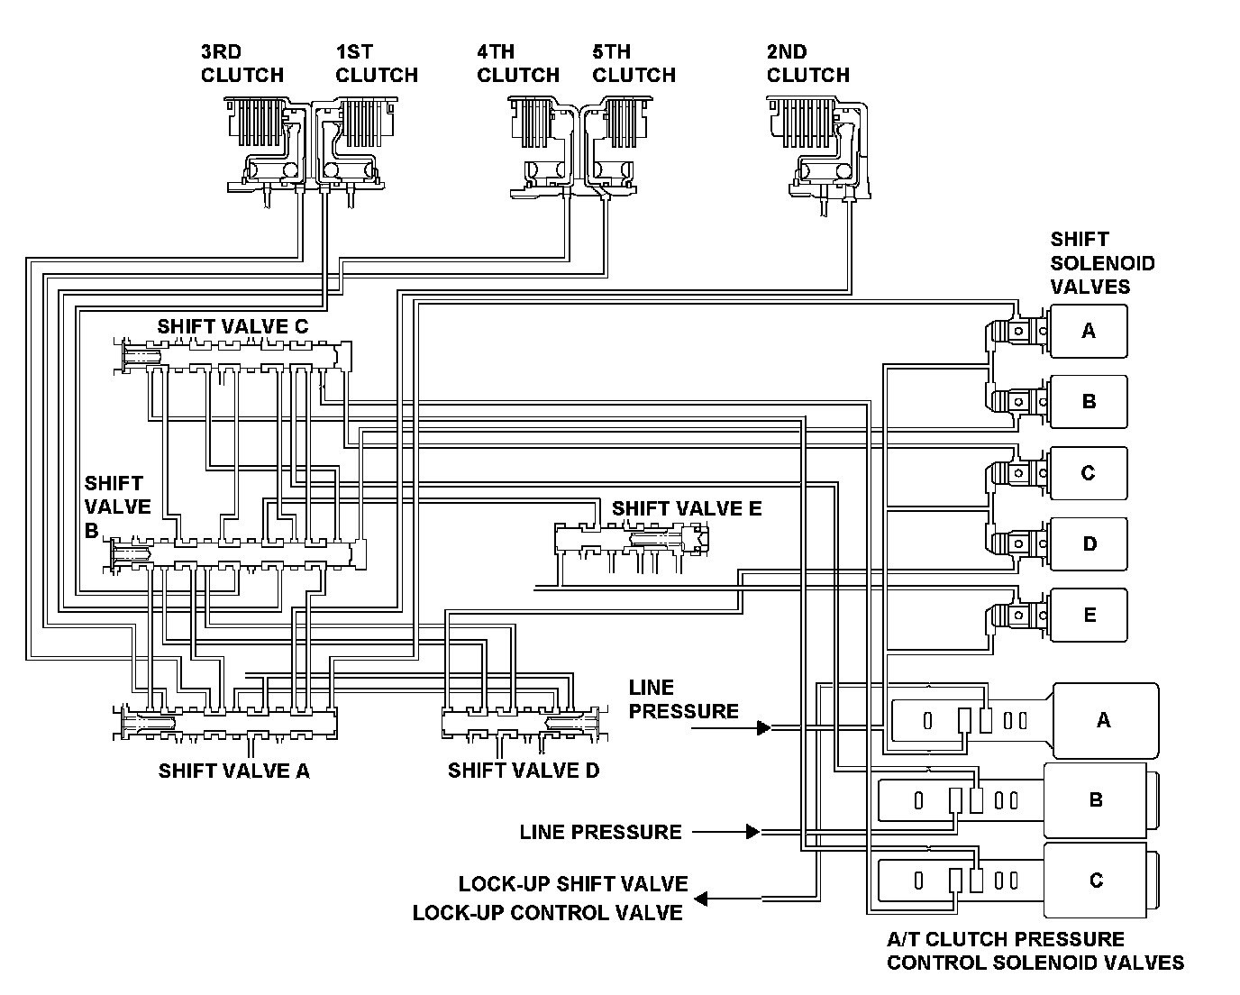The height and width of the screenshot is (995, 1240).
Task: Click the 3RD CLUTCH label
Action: point(242,63)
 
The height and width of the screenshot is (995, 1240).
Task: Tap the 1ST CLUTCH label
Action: point(377,63)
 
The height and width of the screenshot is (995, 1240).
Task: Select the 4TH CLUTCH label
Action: point(518,63)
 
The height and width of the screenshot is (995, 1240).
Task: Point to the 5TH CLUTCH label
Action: point(634,63)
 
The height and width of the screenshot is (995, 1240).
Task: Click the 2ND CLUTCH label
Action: point(807,63)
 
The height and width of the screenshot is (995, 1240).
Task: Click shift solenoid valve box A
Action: point(1089,331)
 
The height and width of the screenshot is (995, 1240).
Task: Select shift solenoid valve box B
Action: point(1089,402)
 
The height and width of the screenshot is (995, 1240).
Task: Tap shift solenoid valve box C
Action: point(1089,473)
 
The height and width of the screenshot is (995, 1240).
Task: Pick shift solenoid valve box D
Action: point(1089,544)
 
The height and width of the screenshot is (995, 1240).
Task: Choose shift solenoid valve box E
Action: point(1089,615)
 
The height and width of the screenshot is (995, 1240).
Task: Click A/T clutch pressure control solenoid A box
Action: point(1106,721)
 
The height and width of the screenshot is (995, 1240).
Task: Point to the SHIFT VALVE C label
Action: point(232,327)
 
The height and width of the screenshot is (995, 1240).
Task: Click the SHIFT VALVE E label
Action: point(687,508)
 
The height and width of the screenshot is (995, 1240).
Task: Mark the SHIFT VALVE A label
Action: point(234,771)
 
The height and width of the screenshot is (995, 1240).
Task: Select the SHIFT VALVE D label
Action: point(524,771)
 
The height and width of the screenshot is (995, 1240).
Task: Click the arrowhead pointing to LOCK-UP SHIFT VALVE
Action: point(701,899)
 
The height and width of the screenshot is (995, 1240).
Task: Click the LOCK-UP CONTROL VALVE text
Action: point(547,913)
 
